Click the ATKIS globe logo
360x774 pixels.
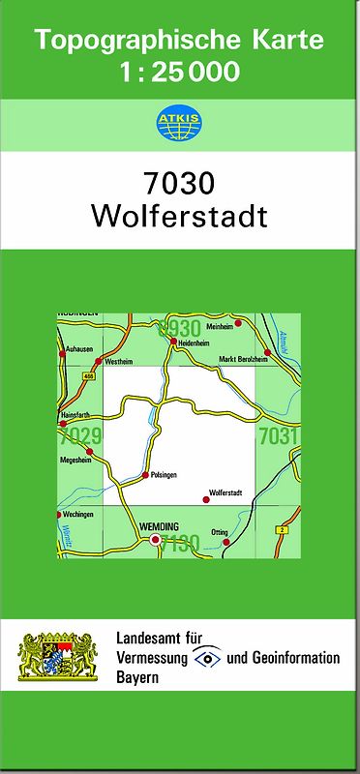click(179, 123)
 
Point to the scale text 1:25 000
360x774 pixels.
click(180, 72)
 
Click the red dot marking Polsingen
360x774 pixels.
click(145, 475)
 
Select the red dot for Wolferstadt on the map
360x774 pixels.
click(205, 499)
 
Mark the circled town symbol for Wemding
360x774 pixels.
click(155, 541)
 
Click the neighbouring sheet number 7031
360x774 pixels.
click(279, 436)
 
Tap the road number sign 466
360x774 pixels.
click(89, 376)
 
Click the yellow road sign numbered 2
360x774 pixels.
click(282, 530)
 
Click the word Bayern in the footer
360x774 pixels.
click(137, 677)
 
